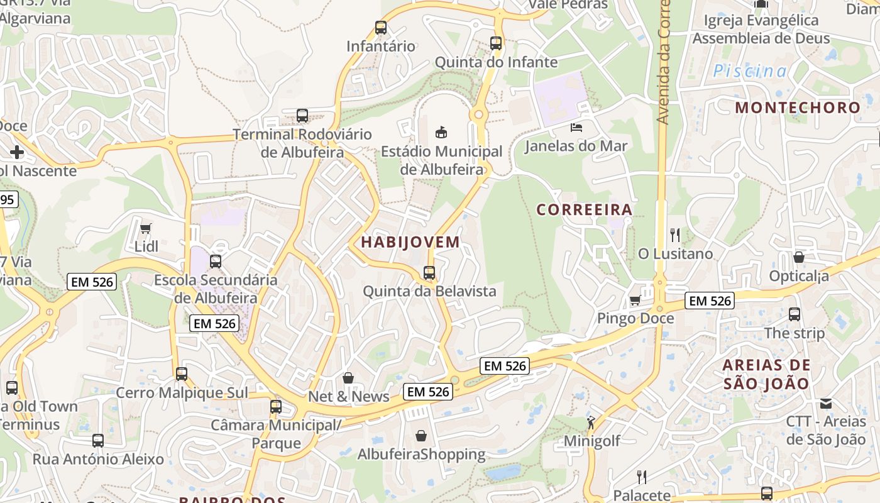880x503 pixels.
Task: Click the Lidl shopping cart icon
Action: (x=146, y=229)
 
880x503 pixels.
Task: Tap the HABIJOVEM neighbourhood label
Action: (x=410, y=242)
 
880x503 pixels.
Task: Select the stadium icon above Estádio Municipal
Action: (x=441, y=132)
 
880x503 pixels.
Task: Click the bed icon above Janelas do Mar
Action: (x=576, y=128)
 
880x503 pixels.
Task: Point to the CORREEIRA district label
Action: (x=584, y=210)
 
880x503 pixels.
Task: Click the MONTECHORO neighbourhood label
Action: (x=798, y=108)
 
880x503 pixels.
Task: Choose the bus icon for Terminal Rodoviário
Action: (x=302, y=116)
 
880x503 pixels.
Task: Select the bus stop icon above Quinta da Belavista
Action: (x=429, y=273)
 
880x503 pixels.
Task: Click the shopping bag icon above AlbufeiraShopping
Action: (x=421, y=435)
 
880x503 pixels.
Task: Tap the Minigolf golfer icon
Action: (x=591, y=423)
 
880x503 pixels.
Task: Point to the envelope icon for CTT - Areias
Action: (x=826, y=403)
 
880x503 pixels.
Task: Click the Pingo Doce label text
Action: (x=635, y=318)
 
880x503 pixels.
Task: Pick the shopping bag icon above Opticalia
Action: (x=798, y=257)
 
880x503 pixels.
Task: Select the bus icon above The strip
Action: (x=795, y=314)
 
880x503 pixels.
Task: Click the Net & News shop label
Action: (x=349, y=397)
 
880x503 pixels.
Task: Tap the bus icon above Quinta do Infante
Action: (x=496, y=43)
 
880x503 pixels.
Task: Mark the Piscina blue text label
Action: (x=749, y=72)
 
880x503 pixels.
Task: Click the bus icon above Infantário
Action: (x=381, y=28)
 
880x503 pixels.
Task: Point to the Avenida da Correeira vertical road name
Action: (x=664, y=63)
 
